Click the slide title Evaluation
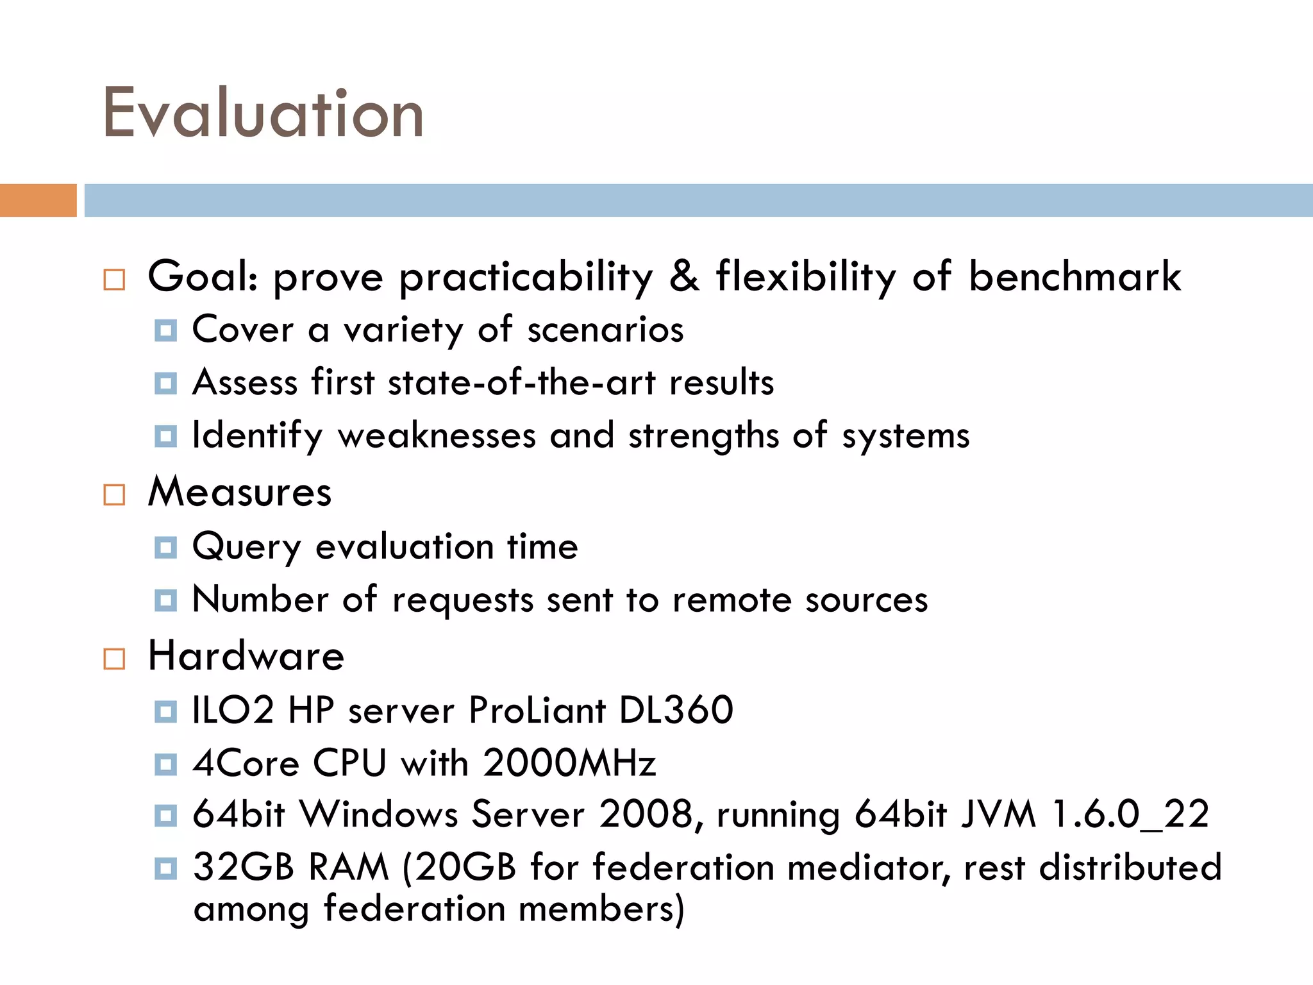(263, 114)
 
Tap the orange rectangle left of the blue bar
(38, 200)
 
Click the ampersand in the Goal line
(684, 276)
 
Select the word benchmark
(1075, 276)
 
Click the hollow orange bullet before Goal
(114, 280)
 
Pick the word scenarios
(605, 330)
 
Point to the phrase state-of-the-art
(522, 383)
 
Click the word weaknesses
(437, 435)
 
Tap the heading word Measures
(240, 492)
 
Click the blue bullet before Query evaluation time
(165, 548)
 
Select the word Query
(246, 548)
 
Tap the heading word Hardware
(246, 656)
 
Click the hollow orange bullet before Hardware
(114, 659)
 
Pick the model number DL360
(676, 710)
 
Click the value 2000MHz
(569, 763)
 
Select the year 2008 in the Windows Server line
(645, 814)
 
